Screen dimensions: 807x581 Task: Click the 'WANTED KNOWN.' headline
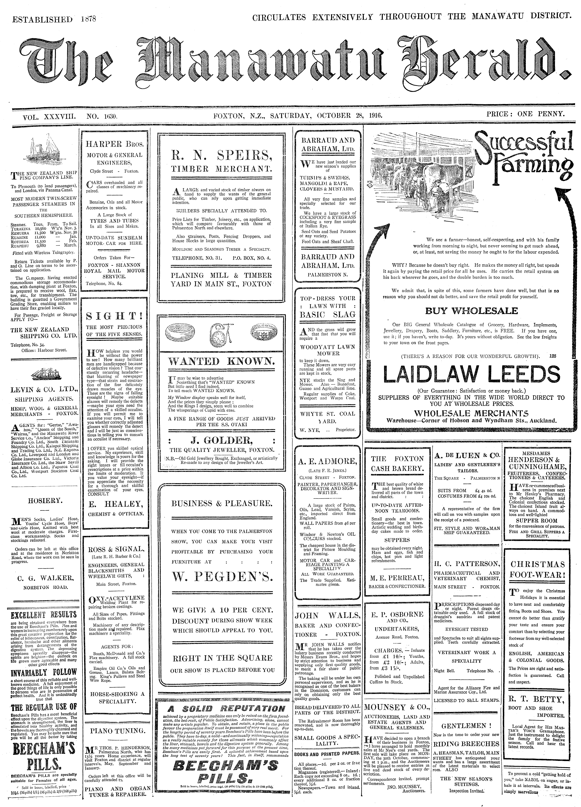[x=221, y=362]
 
